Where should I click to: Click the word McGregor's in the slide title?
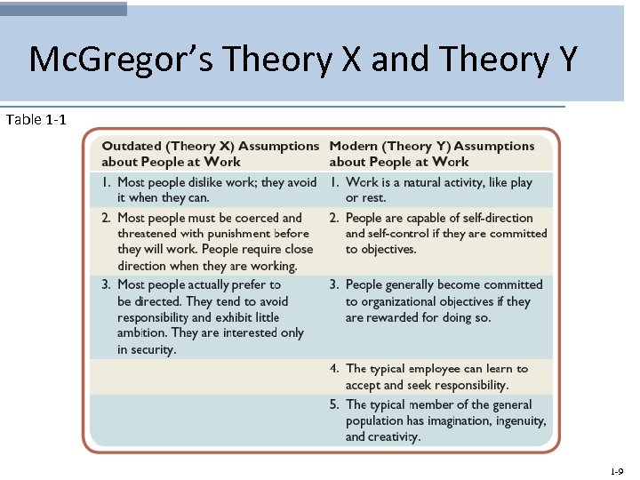pyautogui.click(x=107, y=60)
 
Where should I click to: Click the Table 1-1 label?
pyautogui.click(x=35, y=119)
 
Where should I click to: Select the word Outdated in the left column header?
pyautogui.click(x=132, y=146)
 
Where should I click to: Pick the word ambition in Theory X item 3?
pyautogui.click(x=142, y=333)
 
